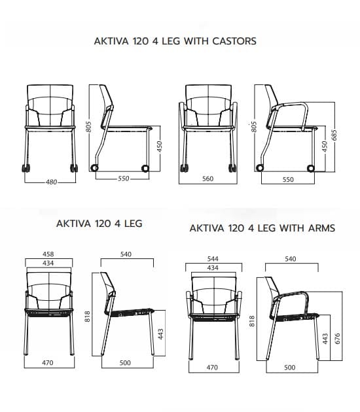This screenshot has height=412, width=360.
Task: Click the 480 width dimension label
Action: (51, 182)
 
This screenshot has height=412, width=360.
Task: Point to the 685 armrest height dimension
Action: (334, 135)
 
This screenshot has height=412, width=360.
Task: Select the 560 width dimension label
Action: (207, 179)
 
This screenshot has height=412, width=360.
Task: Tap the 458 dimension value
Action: (48, 254)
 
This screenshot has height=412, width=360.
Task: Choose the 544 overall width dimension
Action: (213, 259)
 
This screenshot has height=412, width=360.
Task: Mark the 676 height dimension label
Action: (338, 339)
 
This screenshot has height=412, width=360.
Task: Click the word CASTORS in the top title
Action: (234, 41)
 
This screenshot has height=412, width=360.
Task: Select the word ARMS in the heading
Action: (321, 228)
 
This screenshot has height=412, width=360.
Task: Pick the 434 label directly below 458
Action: (48, 263)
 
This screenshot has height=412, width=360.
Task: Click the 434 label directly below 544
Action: (213, 267)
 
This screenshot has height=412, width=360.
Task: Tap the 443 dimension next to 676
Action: (325, 339)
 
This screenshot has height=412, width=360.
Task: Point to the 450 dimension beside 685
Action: (325, 146)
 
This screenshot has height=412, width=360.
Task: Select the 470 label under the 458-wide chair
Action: (48, 362)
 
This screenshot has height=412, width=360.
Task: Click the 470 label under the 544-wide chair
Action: (212, 367)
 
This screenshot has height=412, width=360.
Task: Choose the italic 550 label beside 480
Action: (124, 179)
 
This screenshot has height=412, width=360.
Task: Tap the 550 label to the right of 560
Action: (288, 179)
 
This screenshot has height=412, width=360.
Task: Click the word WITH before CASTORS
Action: (196, 41)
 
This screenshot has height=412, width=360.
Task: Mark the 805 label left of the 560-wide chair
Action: (253, 127)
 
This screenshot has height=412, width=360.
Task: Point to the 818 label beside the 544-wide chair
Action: (252, 321)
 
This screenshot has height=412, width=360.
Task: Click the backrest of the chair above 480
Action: (50, 105)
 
